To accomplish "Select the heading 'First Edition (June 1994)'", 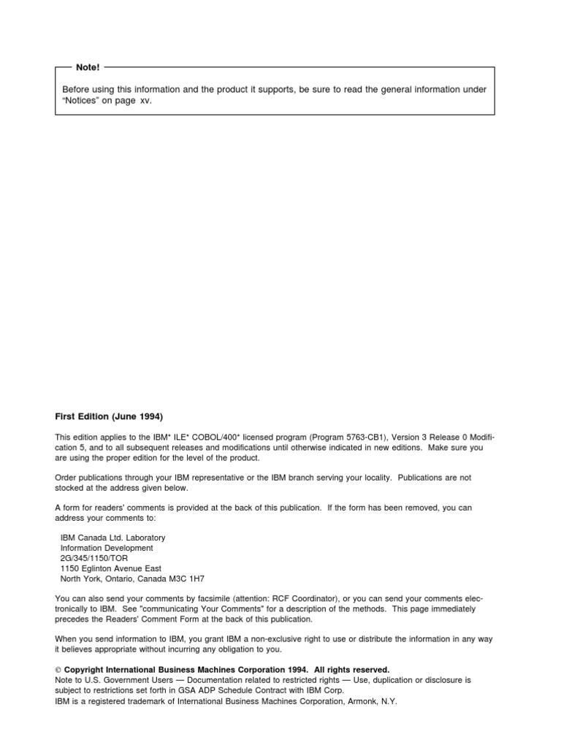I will click(109, 416).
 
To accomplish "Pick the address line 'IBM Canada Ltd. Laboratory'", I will click(112, 538).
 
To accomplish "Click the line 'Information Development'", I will click(107, 548).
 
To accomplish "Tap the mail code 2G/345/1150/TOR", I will click(94, 558).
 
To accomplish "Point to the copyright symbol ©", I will click(58, 670).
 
